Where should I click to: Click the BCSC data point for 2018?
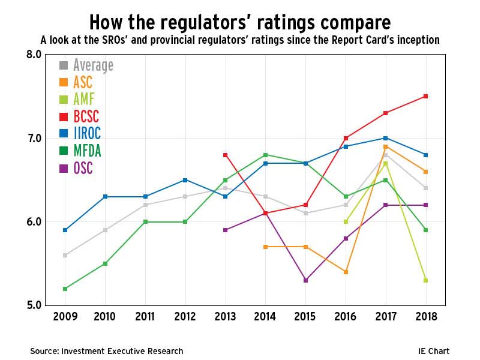(x=425, y=96)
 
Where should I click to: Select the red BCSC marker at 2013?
(x=225, y=155)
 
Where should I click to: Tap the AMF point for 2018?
(x=425, y=280)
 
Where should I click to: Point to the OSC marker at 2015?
(x=305, y=280)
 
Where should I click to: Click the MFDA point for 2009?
(x=65, y=289)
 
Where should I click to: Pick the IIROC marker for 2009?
(x=65, y=230)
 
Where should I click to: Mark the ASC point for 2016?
(x=346, y=272)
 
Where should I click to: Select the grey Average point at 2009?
(x=65, y=255)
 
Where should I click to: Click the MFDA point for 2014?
(x=265, y=155)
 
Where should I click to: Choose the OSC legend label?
(x=83, y=169)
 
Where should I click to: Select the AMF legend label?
(x=83, y=99)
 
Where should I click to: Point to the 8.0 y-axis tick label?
(x=34, y=55)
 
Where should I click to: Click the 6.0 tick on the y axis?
(x=34, y=222)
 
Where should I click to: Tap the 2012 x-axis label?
(x=185, y=318)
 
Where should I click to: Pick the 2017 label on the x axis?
(x=385, y=318)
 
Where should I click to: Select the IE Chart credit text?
(x=434, y=351)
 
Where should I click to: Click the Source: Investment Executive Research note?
(x=107, y=351)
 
